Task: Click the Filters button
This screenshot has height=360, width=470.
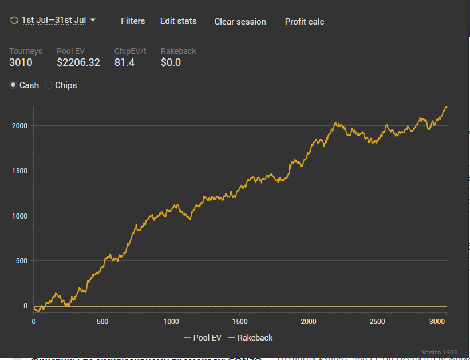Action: [x=133, y=21]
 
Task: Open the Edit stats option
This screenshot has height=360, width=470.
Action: [x=178, y=21]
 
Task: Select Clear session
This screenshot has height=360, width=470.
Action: [x=240, y=22]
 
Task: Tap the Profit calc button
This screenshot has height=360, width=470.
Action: [x=305, y=22]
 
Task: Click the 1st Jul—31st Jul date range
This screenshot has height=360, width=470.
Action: [x=54, y=21]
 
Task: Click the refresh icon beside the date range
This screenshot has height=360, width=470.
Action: [x=14, y=21]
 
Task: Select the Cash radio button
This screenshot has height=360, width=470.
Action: [x=14, y=85]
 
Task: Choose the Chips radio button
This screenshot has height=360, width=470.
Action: [x=49, y=85]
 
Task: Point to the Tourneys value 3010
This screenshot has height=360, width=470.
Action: [x=21, y=62]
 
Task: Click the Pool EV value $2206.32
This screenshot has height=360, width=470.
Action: [x=78, y=62]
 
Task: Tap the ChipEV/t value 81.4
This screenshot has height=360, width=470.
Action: [x=124, y=62]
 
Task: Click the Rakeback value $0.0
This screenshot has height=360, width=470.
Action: [x=171, y=62]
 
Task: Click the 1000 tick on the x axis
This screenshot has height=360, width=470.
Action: [x=171, y=322]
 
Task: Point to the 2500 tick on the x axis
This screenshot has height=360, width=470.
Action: [x=377, y=322]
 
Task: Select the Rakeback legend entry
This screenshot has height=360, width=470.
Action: [x=250, y=338]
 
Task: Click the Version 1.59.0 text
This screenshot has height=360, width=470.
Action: [x=440, y=352]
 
